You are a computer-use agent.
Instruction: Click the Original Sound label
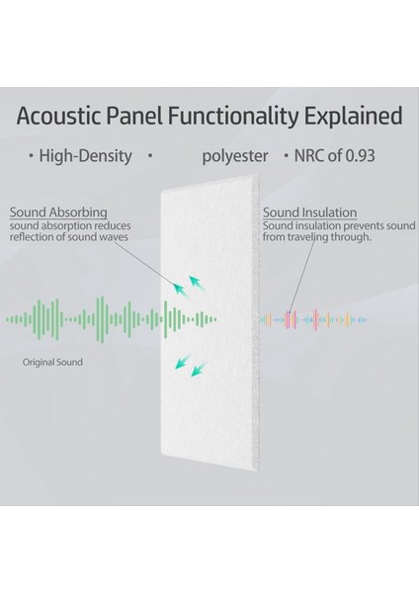point(53,363)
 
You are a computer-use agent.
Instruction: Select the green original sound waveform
point(109,318)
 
